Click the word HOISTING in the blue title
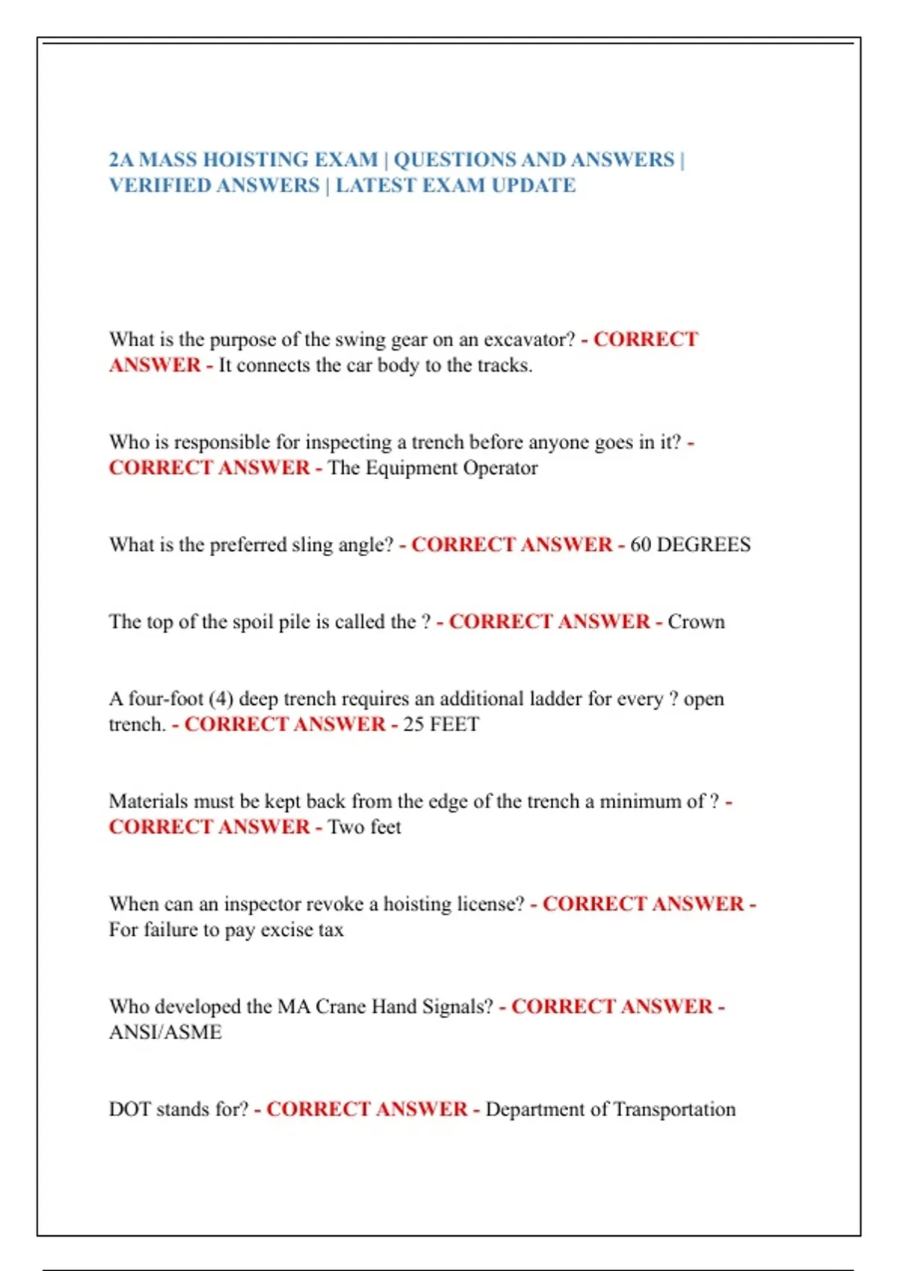click(253, 160)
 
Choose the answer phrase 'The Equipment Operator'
click(433, 468)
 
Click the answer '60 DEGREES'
click(690, 545)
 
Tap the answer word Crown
click(696, 622)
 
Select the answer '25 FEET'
click(441, 724)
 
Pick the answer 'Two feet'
click(365, 827)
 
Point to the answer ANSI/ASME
click(165, 1033)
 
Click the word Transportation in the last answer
click(673, 1110)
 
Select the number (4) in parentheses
click(221, 699)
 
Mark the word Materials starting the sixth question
click(148, 801)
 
